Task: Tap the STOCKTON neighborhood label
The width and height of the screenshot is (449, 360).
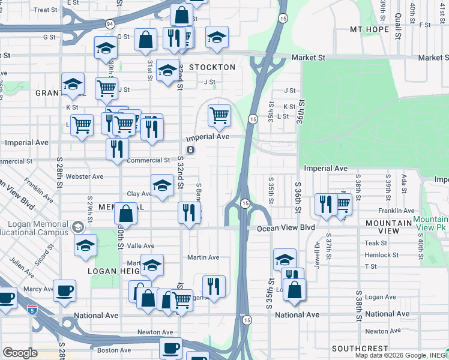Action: [212, 67]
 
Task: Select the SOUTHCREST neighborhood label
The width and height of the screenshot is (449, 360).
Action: [355, 349]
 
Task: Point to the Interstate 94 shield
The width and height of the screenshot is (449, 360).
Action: [109, 24]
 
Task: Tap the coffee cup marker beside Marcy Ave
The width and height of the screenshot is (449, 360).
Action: [65, 291]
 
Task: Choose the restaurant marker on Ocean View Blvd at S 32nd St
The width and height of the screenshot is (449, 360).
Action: [189, 212]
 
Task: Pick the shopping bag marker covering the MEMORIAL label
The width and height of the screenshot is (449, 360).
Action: [125, 213]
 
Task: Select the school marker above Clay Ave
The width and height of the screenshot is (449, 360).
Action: [161, 186]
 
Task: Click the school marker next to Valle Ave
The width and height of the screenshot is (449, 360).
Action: [86, 245]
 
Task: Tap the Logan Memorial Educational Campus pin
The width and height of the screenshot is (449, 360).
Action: [77, 227]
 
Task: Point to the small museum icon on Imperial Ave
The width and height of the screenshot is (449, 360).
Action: [190, 149]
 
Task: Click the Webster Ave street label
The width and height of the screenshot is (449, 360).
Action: [85, 176]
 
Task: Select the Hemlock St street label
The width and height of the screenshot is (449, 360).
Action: [378, 255]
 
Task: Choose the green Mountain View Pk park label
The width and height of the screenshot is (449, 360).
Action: [430, 224]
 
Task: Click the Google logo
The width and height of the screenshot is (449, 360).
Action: [20, 353]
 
